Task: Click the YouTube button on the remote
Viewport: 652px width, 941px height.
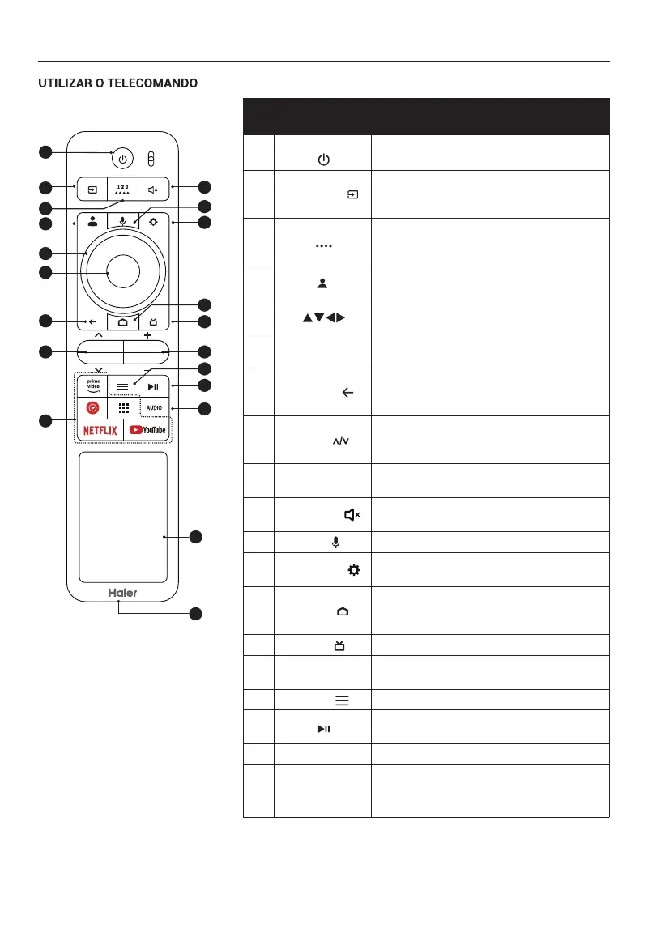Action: pos(147,430)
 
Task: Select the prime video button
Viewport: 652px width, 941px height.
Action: pos(92,383)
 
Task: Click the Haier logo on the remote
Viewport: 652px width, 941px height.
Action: pos(123,592)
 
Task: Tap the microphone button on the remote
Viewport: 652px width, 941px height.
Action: pos(122,222)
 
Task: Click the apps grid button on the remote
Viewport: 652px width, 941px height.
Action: pos(122,407)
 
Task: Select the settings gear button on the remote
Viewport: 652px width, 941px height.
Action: pos(154,222)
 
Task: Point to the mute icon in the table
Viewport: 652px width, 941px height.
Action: pos(352,514)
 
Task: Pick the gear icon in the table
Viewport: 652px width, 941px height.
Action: pos(353,570)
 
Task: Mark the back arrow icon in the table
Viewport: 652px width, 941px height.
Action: pos(348,392)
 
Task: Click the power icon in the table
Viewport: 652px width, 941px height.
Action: pos(323,160)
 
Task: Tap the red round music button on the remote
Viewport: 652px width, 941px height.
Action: pos(92,407)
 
